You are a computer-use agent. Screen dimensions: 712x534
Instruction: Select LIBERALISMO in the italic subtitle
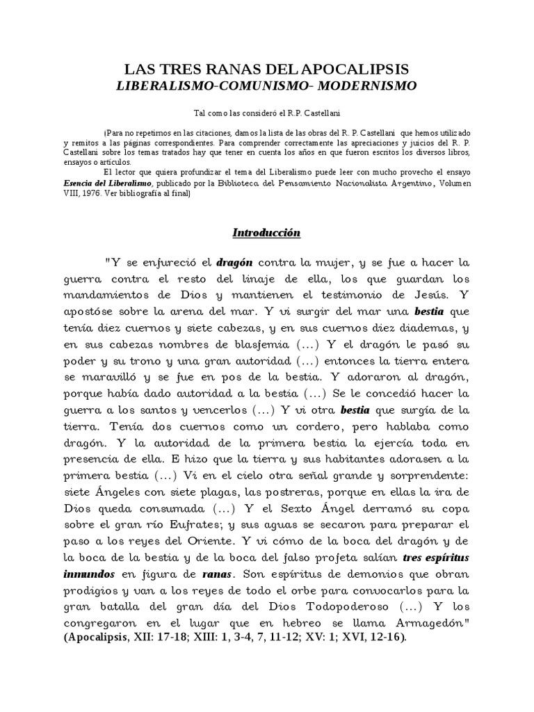point(163,86)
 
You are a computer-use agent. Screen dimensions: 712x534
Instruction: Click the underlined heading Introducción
point(267,233)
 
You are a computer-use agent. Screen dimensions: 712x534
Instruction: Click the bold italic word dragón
point(234,264)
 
